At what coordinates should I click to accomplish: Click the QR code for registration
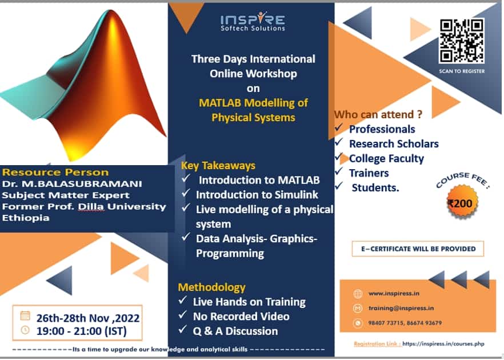pyautogui.click(x=462, y=41)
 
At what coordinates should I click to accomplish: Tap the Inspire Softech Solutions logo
pyautogui.click(x=253, y=22)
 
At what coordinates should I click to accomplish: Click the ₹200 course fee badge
pyautogui.click(x=460, y=203)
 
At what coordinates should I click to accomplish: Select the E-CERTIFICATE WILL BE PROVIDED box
pyautogui.click(x=418, y=249)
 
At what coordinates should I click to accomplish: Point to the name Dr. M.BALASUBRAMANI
pyautogui.click(x=72, y=184)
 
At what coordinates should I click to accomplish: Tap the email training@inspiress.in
pyautogui.click(x=401, y=308)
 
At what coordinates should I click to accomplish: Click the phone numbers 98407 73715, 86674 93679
pyautogui.click(x=405, y=323)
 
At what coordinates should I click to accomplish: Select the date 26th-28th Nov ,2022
pyautogui.click(x=88, y=318)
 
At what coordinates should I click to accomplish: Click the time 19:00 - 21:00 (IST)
pyautogui.click(x=81, y=331)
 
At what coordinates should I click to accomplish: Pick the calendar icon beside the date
pyautogui.click(x=25, y=315)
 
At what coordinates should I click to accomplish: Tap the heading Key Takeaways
pyautogui.click(x=218, y=166)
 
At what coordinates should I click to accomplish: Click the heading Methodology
pyautogui.click(x=211, y=287)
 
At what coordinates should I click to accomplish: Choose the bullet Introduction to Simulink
pyautogui.click(x=257, y=195)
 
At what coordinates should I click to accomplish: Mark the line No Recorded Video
pyautogui.click(x=241, y=317)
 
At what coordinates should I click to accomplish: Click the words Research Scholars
pyautogui.click(x=394, y=143)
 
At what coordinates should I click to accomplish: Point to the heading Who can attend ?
pyautogui.click(x=378, y=114)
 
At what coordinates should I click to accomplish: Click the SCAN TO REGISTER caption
pyautogui.click(x=462, y=71)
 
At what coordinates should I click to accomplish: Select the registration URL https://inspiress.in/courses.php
pyautogui.click(x=443, y=343)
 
